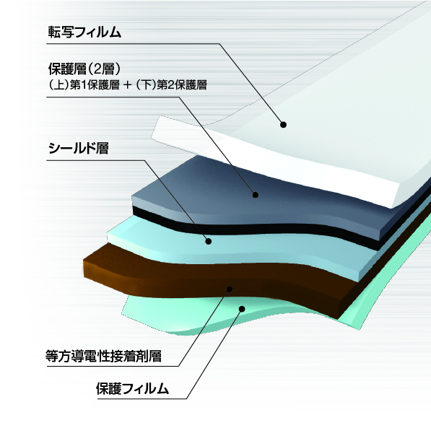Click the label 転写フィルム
pyautogui.click(x=84, y=32)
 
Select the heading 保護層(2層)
pyautogui.click(x=84, y=69)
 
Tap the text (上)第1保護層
pyautogui.click(x=84, y=85)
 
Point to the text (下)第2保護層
pyautogui.click(x=172, y=85)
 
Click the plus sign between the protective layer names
pyautogui.click(x=128, y=85)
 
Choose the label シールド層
pyautogui.click(x=79, y=148)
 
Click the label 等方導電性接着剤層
pyautogui.click(x=103, y=356)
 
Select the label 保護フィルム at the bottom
pyautogui.click(x=132, y=389)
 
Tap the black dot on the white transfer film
pyautogui.click(x=284, y=125)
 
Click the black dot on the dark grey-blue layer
pyautogui.click(x=256, y=195)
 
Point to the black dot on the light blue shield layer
pyautogui.click(x=209, y=241)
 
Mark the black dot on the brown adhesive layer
pyautogui.click(x=230, y=289)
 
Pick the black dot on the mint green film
pyautogui.click(x=242, y=309)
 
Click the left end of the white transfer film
pyautogui.click(x=156, y=128)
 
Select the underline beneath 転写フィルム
pyautogui.click(x=133, y=43)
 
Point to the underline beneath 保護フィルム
pyautogui.click(x=142, y=398)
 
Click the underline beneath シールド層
pyautogui.click(x=95, y=160)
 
